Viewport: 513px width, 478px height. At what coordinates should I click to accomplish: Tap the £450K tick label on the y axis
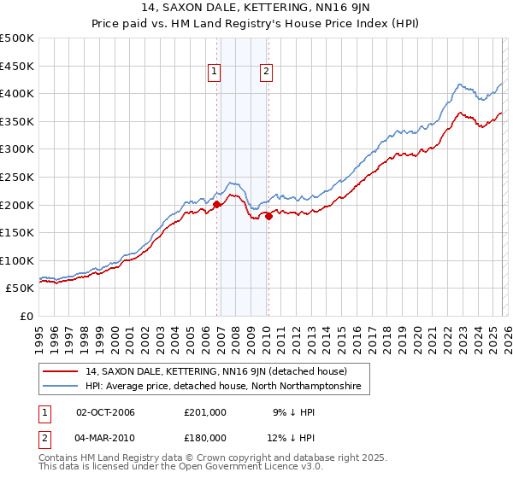(17, 66)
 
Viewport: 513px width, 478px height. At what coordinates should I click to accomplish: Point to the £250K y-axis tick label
(17, 177)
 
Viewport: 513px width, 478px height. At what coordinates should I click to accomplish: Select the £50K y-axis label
(21, 289)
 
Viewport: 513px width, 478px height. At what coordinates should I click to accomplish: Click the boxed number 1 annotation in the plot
(214, 73)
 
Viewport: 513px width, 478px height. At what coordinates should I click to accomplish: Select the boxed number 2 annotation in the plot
(267, 73)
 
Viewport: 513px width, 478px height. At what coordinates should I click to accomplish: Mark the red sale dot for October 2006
(217, 204)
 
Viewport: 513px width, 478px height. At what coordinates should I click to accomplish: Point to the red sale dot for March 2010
(268, 216)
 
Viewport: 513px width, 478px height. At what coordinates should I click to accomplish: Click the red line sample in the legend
(61, 371)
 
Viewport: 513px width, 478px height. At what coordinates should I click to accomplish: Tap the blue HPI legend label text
(222, 387)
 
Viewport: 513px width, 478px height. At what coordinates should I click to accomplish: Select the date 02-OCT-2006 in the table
(105, 412)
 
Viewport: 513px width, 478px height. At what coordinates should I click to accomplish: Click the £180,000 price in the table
(204, 437)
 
